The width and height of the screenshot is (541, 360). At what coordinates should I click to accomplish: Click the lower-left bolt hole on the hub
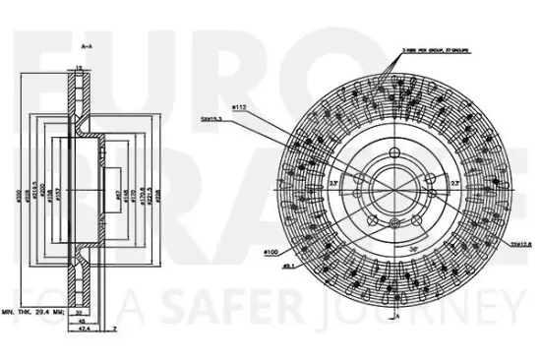coord(371,214)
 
